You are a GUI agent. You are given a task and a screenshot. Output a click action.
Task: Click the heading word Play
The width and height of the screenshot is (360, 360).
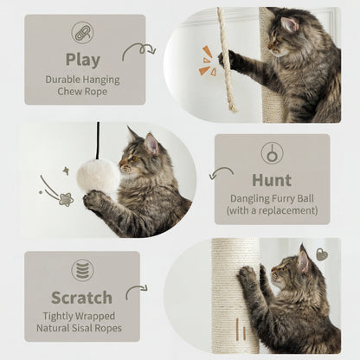pos(83,60)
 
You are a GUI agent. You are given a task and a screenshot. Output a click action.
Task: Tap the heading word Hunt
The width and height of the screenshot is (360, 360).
pos(271,180)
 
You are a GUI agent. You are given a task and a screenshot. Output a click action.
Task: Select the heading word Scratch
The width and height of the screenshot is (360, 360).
pos(83,297)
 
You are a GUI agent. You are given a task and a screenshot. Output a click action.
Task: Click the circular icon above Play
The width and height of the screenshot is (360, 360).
pos(83,34)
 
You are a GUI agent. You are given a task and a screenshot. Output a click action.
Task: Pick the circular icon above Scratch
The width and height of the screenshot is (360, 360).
pos(83,270)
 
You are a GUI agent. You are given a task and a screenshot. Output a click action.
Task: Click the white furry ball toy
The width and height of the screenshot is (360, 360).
pos(98,176)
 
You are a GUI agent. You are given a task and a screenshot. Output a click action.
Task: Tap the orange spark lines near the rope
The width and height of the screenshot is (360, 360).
pos(208,60)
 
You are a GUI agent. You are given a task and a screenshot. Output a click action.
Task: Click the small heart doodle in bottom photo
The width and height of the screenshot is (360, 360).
pos(322,254)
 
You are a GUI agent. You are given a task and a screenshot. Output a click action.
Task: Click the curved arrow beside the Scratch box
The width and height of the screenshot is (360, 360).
pos(136,292)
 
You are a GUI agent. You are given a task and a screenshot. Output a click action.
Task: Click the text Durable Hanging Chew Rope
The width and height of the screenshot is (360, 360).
pos(83,86)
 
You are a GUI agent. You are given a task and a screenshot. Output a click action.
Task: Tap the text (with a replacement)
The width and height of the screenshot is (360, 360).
pos(271,209)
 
